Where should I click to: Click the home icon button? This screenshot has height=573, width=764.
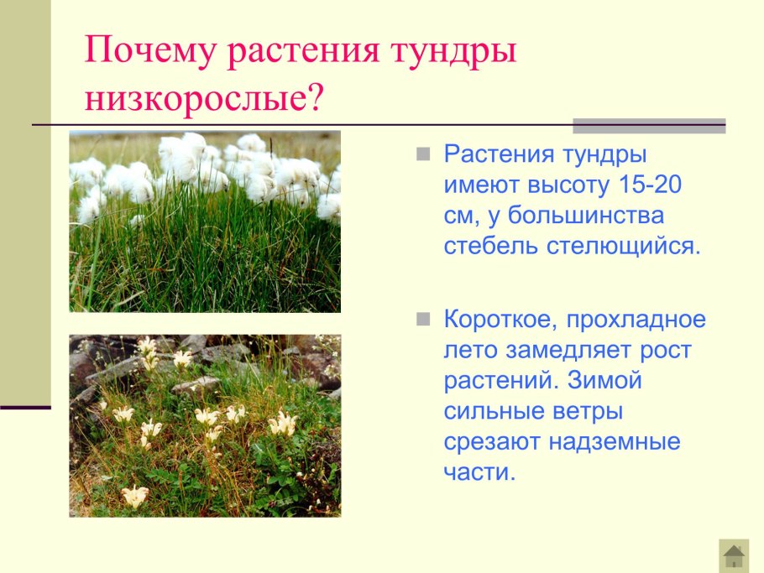coord(734,555)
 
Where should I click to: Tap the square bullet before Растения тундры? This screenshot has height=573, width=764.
coord(424,154)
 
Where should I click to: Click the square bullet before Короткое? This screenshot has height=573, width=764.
coord(424,319)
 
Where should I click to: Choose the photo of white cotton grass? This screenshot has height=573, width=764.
coord(205,221)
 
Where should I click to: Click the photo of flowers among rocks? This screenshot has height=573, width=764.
coord(205,425)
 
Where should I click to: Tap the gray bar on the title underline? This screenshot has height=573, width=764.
coord(649,126)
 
